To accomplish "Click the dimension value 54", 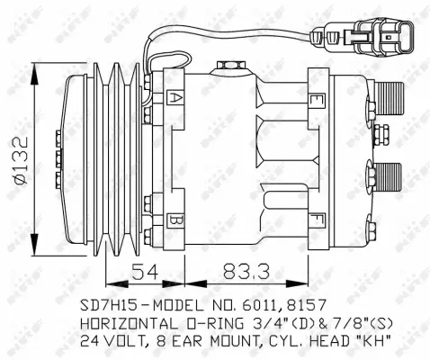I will click(145, 269).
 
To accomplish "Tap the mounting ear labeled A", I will click(177, 96).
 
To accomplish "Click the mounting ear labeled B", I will click(177, 219).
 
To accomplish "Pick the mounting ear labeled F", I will click(316, 218).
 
